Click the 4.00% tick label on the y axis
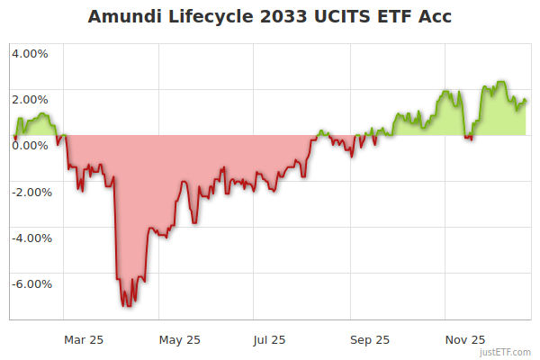click(31, 53)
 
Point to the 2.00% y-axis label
click(31, 99)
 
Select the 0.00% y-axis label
click(31, 145)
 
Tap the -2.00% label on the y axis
click(29, 191)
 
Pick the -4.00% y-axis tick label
click(29, 238)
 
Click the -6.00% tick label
click(29, 283)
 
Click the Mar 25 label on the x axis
click(84, 339)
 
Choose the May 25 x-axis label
click(179, 339)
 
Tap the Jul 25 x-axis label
click(269, 339)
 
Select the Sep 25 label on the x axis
click(369, 339)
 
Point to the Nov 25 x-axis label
click(465, 339)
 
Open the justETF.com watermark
click(505, 353)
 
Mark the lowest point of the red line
click(127, 306)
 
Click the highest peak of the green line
click(500, 82)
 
